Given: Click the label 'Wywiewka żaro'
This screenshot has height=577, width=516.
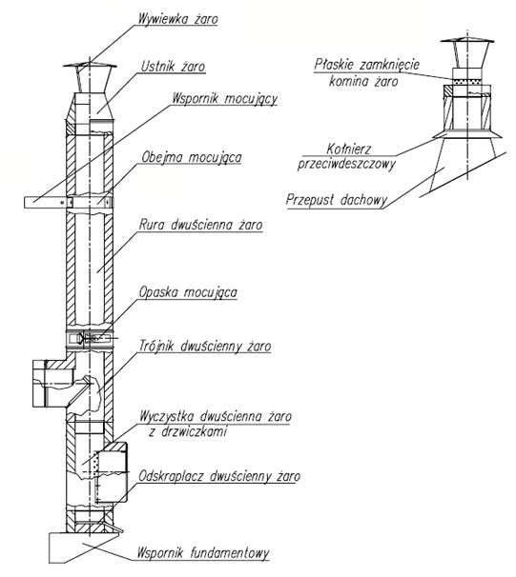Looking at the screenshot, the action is [x=178, y=19].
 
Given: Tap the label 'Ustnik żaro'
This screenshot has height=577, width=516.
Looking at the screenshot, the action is [x=173, y=67].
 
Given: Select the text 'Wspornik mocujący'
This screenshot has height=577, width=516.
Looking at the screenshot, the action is [x=225, y=99].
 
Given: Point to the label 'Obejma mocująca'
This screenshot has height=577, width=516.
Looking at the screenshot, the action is [x=192, y=157].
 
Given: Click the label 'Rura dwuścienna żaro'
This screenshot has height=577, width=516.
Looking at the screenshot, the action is [x=200, y=225].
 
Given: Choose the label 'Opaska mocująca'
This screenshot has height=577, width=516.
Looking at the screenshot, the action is [x=188, y=292].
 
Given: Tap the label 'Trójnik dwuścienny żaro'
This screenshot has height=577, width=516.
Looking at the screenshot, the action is [x=205, y=347].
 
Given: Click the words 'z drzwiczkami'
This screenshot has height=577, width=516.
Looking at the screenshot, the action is [x=188, y=431].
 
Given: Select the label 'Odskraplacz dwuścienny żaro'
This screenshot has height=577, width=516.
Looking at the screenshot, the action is [x=219, y=476].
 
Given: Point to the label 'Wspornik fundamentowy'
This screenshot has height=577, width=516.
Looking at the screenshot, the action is [x=203, y=553].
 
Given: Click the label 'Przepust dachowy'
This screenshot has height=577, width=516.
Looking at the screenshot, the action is [x=337, y=200].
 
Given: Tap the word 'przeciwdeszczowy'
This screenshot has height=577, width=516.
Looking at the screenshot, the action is [x=346, y=164].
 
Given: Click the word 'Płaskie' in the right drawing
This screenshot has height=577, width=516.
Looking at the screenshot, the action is [x=334, y=65].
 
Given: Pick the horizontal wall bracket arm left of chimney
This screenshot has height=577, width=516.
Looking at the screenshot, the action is [x=47, y=203].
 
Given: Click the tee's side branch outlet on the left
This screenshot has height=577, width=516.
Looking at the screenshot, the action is [x=49, y=384].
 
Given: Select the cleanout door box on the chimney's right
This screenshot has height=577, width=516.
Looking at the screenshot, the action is [x=112, y=472].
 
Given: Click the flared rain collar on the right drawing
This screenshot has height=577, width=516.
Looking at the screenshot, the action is [x=467, y=134].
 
